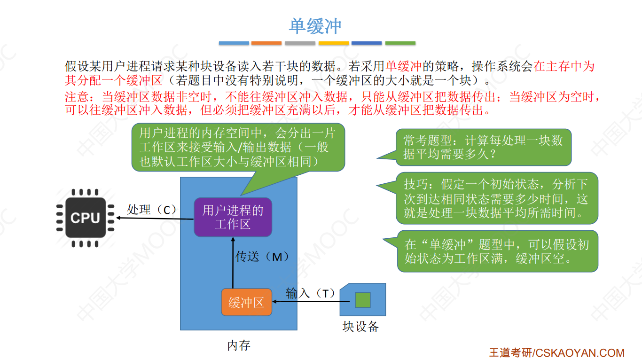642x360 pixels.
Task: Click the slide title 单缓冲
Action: click(x=315, y=26)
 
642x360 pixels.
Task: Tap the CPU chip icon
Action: click(x=85, y=218)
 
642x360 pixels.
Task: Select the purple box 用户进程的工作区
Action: click(x=233, y=217)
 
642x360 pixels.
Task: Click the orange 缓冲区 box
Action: click(x=246, y=302)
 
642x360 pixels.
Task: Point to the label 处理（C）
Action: click(x=151, y=210)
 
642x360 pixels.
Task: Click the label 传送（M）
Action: click(x=262, y=257)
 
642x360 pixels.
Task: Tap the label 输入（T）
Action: click(x=310, y=294)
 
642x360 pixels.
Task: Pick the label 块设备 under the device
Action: click(x=360, y=326)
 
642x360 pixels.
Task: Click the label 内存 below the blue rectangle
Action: click(x=239, y=346)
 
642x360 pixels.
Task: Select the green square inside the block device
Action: click(x=362, y=300)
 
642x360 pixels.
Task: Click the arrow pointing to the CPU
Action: click(x=155, y=218)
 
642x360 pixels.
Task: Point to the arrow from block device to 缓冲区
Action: click(x=305, y=302)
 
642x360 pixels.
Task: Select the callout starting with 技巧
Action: click(x=496, y=198)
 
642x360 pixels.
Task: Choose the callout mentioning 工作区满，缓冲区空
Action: click(x=497, y=251)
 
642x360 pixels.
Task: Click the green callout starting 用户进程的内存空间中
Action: click(x=238, y=147)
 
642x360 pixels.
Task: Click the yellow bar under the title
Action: click(x=333, y=43)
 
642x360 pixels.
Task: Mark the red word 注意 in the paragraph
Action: click(x=77, y=97)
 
